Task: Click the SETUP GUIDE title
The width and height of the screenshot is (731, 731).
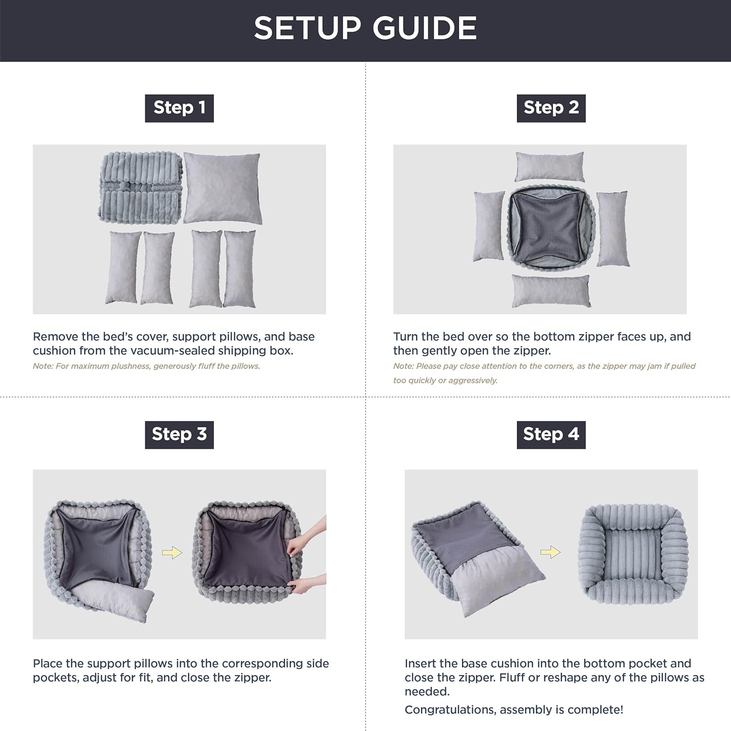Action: coord(365,28)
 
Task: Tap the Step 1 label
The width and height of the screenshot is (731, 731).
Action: coord(179,108)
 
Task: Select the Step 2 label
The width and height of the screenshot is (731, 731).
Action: coord(551,108)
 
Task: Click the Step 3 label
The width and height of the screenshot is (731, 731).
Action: coord(179,434)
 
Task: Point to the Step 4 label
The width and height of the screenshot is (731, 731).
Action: coord(551,434)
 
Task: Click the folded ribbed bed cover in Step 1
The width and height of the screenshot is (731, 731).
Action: coord(140,187)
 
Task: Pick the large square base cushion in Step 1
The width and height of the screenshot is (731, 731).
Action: coord(222,188)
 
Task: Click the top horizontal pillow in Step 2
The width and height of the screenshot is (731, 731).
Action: coord(550,166)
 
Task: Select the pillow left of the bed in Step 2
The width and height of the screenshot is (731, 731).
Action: coord(489,226)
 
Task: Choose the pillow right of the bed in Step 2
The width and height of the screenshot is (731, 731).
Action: coord(613,228)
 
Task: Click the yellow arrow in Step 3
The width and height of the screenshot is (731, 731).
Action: coord(172,553)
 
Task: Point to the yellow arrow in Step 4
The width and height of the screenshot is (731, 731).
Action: coord(550,553)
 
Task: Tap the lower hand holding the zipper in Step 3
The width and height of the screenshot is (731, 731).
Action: coord(308,583)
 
